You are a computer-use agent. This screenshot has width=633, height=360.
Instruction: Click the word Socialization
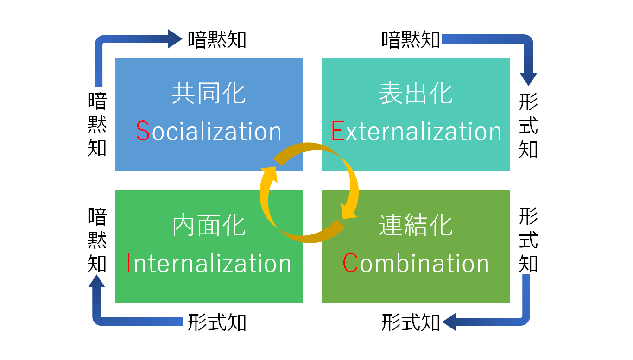click(209, 132)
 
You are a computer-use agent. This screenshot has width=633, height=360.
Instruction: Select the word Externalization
click(417, 132)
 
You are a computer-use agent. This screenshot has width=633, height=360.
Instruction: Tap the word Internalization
click(209, 263)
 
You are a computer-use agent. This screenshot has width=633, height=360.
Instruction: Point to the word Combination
click(416, 263)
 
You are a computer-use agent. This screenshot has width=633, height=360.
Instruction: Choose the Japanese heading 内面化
click(209, 226)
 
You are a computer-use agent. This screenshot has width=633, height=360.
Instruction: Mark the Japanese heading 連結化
click(416, 226)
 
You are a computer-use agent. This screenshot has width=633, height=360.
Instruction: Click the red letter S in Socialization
click(143, 132)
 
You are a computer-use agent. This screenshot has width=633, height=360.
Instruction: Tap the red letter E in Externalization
click(338, 132)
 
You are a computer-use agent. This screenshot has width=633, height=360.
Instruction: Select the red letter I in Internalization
click(129, 263)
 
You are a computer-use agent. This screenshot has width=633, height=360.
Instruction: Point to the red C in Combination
click(350, 263)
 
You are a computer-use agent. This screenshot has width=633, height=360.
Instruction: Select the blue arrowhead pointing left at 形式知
click(450, 322)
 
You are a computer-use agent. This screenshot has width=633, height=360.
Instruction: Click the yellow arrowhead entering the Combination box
click(348, 211)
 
